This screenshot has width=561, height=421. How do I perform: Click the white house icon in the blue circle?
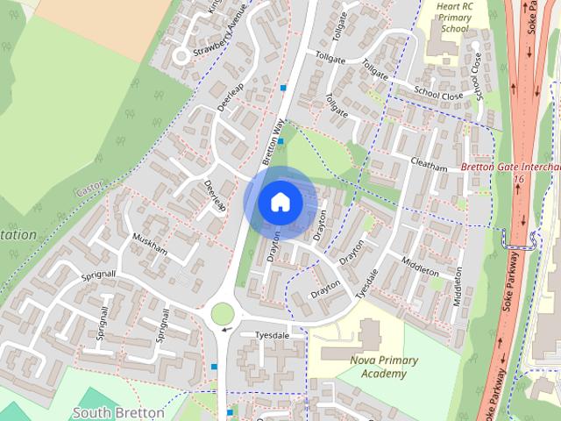click(x=280, y=202)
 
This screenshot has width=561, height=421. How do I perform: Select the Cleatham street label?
click(x=429, y=164)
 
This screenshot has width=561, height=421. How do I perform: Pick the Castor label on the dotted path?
click(x=91, y=188)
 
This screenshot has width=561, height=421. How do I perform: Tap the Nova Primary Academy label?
click(x=384, y=367)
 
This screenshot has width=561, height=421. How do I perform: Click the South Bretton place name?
click(x=118, y=411)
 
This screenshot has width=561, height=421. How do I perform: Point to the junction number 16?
click(x=519, y=178)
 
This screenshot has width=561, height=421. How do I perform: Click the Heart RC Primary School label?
click(x=455, y=18)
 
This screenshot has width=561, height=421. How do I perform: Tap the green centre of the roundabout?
click(x=223, y=313)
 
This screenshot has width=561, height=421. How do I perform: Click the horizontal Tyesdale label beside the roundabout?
click(x=271, y=335)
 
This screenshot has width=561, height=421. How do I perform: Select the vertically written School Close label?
click(x=478, y=75)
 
